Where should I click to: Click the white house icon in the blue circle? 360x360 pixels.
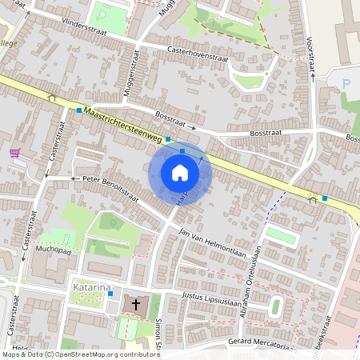point(180,173)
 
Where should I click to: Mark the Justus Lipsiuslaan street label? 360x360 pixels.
point(214,298)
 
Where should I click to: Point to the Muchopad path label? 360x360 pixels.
point(54,249)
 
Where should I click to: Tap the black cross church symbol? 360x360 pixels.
point(135,304)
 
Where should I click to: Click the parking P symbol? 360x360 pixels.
point(346,83)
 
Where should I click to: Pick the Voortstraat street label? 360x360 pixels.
point(309,51)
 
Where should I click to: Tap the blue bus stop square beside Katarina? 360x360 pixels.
point(110,294)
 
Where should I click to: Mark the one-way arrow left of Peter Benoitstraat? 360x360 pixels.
point(73,178)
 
